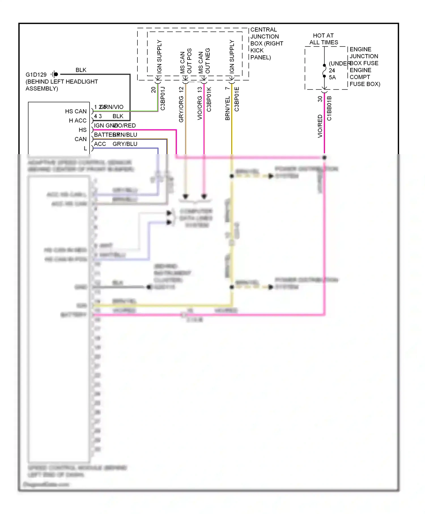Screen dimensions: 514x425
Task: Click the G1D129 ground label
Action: [x=36, y=75]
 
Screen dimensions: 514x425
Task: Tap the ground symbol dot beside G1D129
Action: [x=56, y=74]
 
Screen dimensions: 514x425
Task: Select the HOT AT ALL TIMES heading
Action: [x=324, y=39]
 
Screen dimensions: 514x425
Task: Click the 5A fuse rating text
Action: [x=332, y=77]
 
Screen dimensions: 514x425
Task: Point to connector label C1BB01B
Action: [x=329, y=108]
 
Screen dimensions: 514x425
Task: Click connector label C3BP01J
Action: [x=163, y=99]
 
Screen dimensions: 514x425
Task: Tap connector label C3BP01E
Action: [x=237, y=99]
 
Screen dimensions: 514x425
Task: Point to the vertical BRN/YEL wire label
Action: [x=227, y=108]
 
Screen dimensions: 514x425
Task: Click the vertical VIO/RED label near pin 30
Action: [x=320, y=126]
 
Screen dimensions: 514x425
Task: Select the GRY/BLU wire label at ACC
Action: [x=125, y=144]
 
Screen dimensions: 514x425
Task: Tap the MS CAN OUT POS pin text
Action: [x=186, y=61]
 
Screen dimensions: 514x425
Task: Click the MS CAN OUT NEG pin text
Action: [x=204, y=61]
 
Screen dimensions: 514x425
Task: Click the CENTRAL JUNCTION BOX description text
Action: [x=266, y=44]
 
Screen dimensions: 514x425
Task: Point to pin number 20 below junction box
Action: [x=153, y=90]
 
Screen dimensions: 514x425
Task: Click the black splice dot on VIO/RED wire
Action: [x=324, y=157]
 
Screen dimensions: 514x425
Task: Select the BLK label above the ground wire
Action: [x=81, y=70]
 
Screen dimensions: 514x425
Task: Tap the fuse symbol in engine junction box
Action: [x=324, y=71]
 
